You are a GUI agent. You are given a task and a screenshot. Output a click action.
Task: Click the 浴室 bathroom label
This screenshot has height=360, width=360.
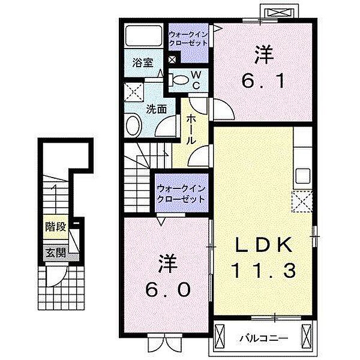coord(143,62)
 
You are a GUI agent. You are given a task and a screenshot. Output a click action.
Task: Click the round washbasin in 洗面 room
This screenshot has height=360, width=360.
coord(133,125)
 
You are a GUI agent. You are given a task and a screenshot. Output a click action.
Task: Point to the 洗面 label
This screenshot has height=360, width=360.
coord(157,109)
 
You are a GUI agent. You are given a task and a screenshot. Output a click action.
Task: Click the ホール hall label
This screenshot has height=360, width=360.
coord(191,130)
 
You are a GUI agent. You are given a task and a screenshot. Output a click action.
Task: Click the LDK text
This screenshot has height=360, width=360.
coord(263,245)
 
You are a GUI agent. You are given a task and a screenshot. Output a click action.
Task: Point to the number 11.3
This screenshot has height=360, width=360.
coord(263,271)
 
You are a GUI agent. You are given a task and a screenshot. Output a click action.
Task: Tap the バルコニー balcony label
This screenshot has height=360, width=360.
coord(264,338)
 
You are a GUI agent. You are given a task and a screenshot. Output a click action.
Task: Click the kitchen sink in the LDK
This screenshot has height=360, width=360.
coord(303,176)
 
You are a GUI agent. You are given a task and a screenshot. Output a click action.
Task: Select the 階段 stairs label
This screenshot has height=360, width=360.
coord(56,227)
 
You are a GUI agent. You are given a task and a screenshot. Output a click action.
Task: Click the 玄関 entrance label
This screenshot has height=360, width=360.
coord(56,253)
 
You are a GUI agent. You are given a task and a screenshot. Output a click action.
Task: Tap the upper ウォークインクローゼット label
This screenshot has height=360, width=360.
coord(188,38)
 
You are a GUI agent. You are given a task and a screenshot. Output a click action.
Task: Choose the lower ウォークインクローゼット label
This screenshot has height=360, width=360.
coord(181,194)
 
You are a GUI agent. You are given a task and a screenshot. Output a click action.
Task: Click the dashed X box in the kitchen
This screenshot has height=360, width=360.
coord(302,201)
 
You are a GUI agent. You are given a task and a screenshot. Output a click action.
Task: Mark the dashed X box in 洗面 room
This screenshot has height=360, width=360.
coord(134,92)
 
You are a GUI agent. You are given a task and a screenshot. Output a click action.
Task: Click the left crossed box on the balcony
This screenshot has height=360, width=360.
coord(219,337)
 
